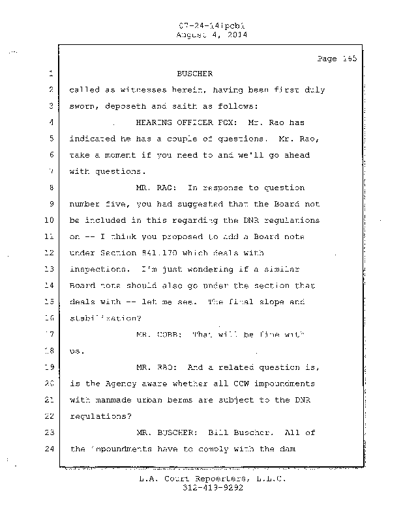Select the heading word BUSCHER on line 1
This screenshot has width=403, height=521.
tap(194, 74)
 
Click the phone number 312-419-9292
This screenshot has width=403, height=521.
tap(205, 488)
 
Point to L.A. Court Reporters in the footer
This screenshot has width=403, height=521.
tap(191, 479)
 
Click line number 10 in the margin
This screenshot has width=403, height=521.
tap(48, 220)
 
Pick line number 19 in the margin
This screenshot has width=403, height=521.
tap(48, 367)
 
